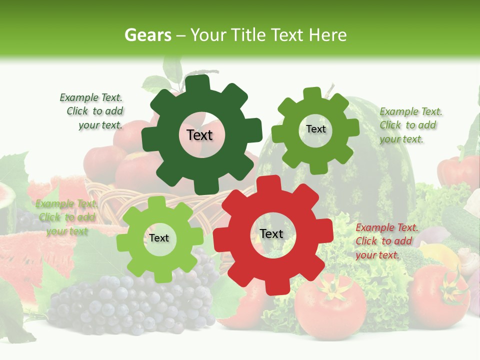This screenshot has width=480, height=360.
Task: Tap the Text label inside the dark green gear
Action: pos(199,135)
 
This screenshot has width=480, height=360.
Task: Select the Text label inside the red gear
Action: pos(271,233)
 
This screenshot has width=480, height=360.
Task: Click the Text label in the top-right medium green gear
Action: pos(315,129)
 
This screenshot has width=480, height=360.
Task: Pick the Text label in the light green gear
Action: pos(159,238)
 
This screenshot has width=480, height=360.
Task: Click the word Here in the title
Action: pos(328,35)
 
